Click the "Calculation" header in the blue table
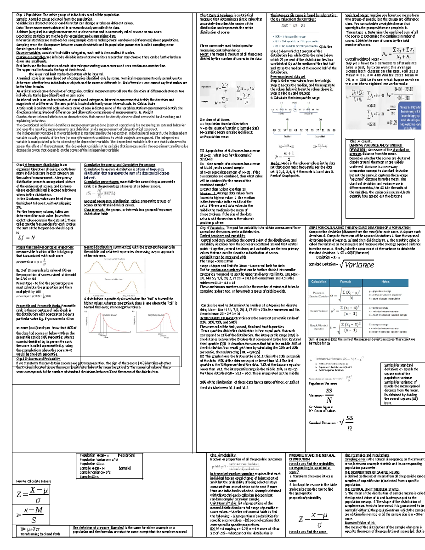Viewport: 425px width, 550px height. pyautogui.click(x=319, y=282)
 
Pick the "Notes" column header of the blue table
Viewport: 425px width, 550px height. pyautogui.click(x=385, y=282)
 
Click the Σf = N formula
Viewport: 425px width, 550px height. pyautogui.click(x=26, y=238)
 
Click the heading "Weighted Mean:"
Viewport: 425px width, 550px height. pyautogui.click(x=357, y=16)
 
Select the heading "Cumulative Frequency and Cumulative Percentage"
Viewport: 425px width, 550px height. pyautogui.click(x=119, y=165)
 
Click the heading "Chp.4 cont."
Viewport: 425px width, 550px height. pyautogui.click(x=361, y=141)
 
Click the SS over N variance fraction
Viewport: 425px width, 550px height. pyautogui.click(x=329, y=395)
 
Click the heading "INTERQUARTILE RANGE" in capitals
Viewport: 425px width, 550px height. pyautogui.click(x=216, y=318)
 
